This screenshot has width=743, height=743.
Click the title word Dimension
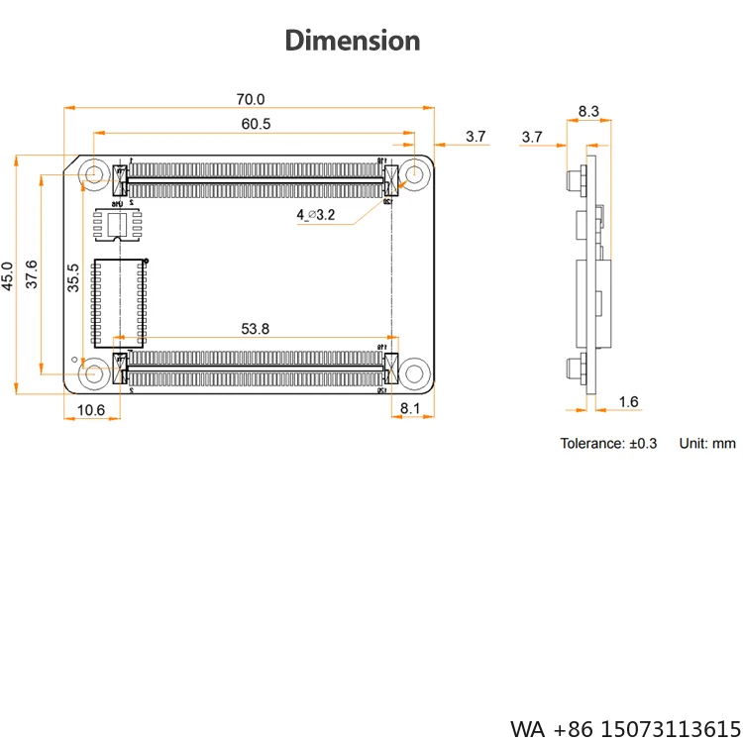(x=353, y=41)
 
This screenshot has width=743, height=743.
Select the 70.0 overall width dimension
(x=250, y=99)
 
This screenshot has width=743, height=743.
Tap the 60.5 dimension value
(x=256, y=124)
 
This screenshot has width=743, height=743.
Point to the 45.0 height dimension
(x=8, y=275)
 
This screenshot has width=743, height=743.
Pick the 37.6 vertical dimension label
(x=32, y=274)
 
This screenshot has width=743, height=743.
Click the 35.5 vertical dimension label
(x=72, y=278)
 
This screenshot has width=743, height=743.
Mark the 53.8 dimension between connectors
(x=256, y=329)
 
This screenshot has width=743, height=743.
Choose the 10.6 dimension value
(x=90, y=408)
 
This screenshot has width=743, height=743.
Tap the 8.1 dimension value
(x=411, y=408)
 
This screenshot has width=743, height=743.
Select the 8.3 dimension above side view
(x=588, y=111)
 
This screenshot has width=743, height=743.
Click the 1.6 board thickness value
(x=628, y=401)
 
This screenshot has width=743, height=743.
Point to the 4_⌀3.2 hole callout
(x=316, y=215)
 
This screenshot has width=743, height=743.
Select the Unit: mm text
(x=707, y=443)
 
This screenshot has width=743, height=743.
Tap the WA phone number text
(x=624, y=728)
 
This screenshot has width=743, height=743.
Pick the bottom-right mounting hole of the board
(x=413, y=373)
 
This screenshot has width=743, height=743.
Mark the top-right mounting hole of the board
(x=413, y=175)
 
